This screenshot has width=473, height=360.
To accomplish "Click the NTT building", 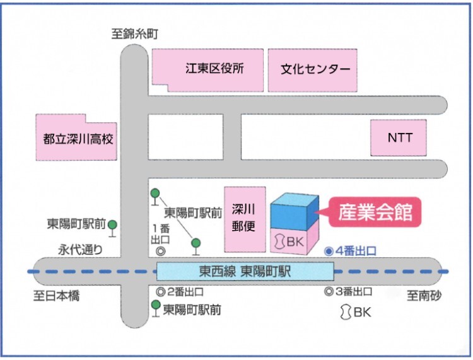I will pyautogui.click(x=400, y=137).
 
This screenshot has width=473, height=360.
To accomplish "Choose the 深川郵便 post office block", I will pyautogui.click(x=243, y=218).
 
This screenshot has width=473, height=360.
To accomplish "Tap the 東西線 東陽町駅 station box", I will pyautogui.click(x=245, y=271).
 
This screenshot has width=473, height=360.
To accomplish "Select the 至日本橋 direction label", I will pyautogui.click(x=57, y=295).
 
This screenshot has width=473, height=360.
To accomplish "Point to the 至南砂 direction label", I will pyautogui.click(x=425, y=295).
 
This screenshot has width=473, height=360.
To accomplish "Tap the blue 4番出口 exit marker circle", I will pyautogui.click(x=329, y=250).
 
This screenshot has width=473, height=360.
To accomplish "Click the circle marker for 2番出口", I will pyautogui.click(x=160, y=292).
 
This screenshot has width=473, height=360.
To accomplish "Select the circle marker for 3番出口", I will pyautogui.click(x=329, y=292).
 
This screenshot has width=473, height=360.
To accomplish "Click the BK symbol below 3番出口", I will pyautogui.click(x=346, y=311).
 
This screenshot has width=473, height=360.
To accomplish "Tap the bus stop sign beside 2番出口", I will pyautogui.click(x=155, y=309).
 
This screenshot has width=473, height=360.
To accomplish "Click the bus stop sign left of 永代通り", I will pyautogui.click(x=113, y=226).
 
